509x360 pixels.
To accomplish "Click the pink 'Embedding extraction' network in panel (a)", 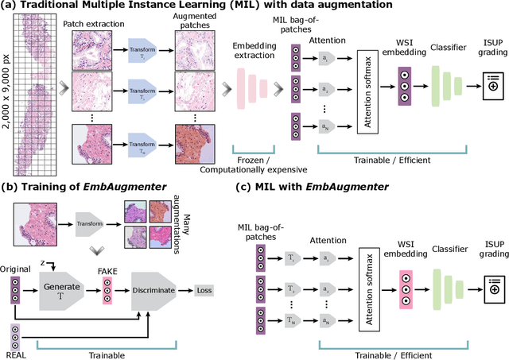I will [254, 92].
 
